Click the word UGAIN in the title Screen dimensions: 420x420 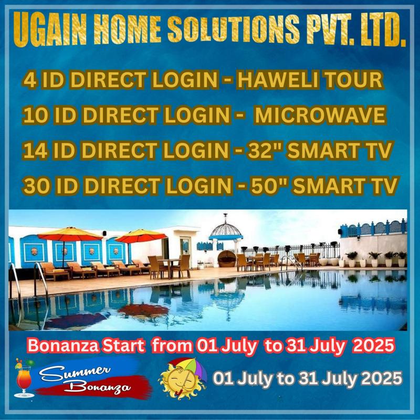50,29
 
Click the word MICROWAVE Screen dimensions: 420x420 320,115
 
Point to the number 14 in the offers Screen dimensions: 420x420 35,150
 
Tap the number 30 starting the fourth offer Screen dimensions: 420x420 37,185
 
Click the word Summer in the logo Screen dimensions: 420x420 76,372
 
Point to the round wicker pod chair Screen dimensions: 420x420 227,258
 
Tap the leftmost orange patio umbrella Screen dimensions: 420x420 70,234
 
